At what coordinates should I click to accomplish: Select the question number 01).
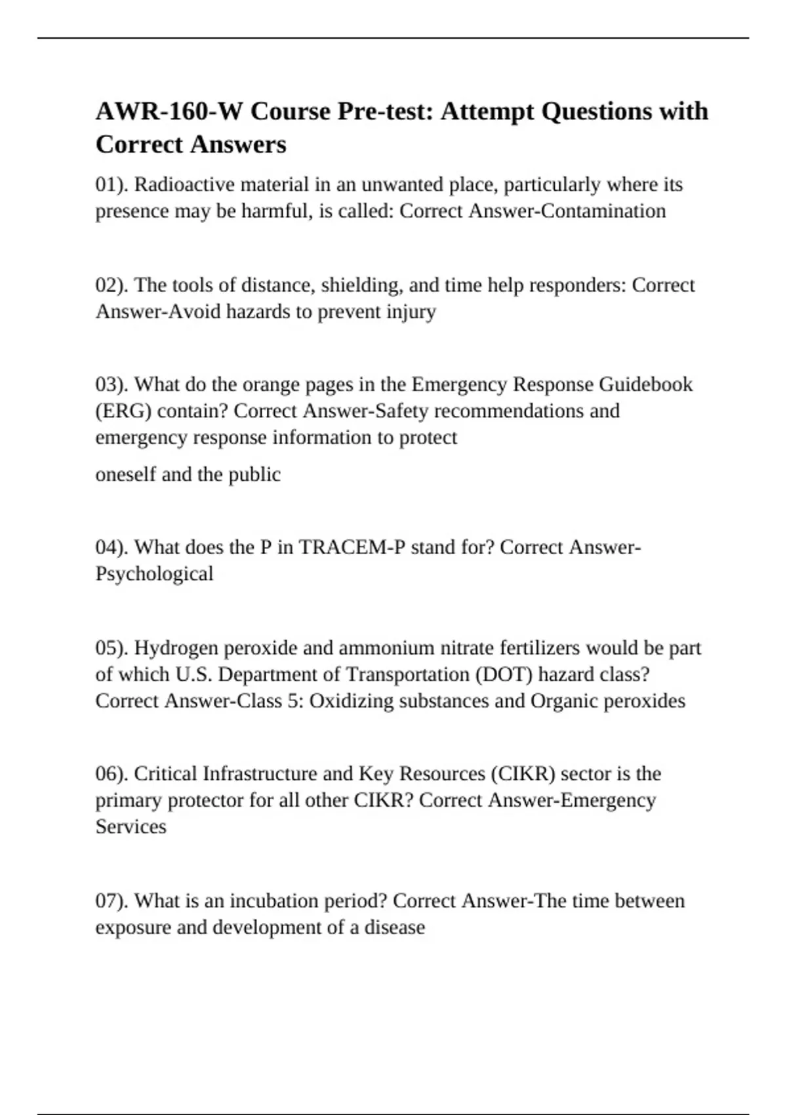coord(112,185)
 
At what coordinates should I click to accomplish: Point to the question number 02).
coord(112,285)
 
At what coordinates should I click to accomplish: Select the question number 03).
coord(112,384)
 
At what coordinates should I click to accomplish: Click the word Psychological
coord(154,574)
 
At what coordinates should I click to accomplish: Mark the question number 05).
coord(112,648)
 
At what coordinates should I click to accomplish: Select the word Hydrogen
coord(176,648)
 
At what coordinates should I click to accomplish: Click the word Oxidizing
coord(351,701)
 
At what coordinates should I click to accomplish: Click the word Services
coord(131,826)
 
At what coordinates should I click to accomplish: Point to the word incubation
coord(275,901)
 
